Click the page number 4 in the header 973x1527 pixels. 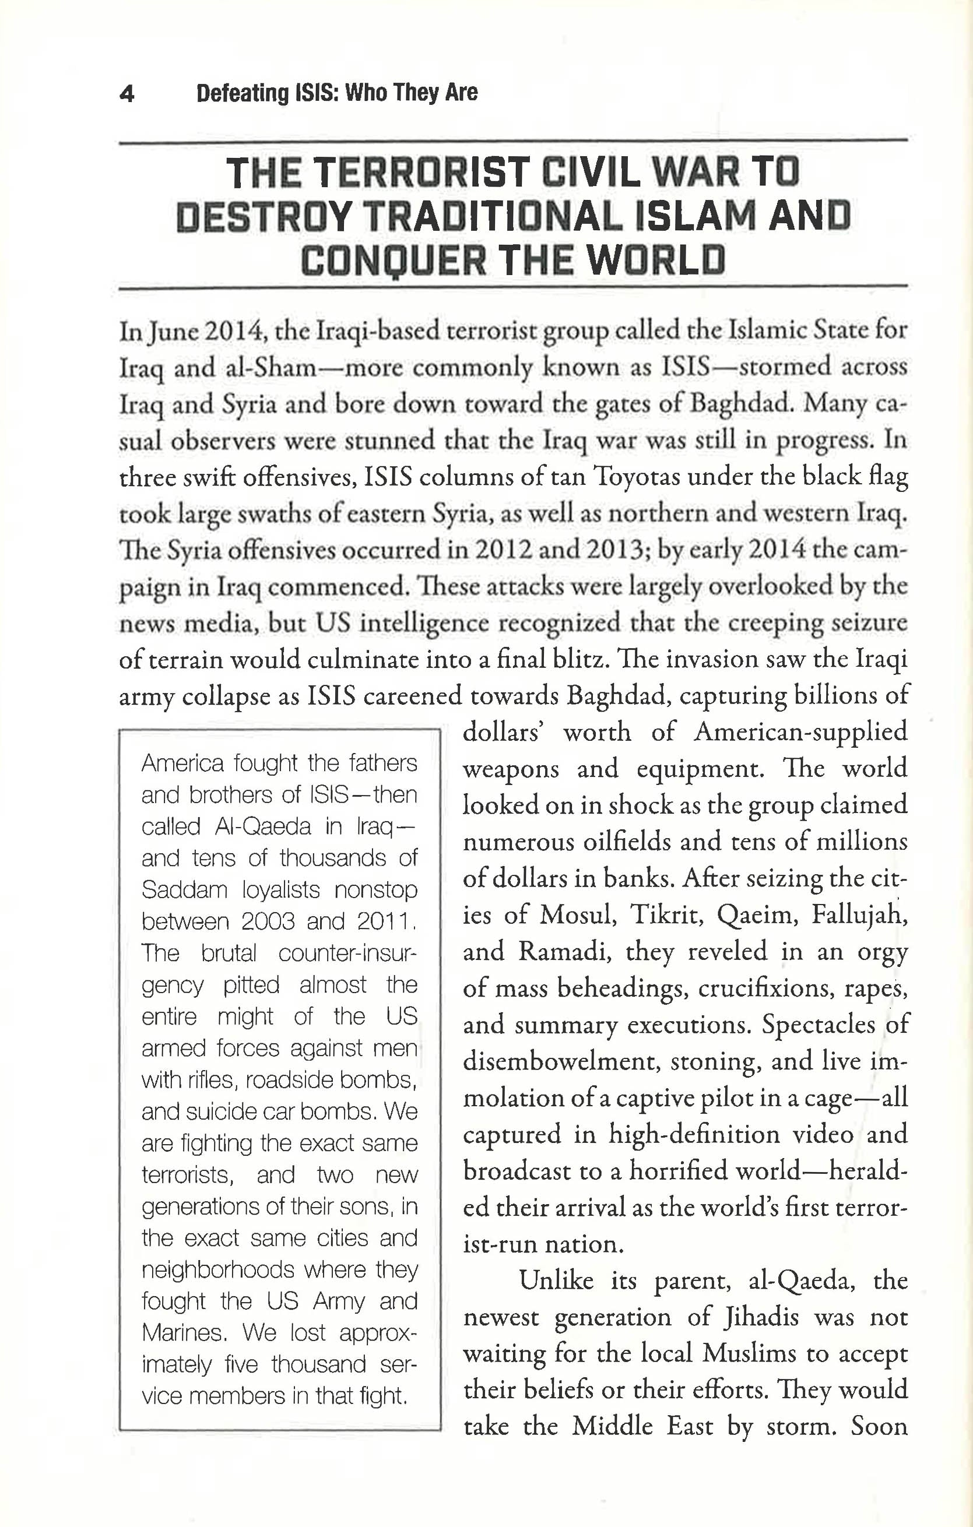pyautogui.click(x=127, y=94)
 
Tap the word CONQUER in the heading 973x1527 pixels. pyautogui.click(x=394, y=261)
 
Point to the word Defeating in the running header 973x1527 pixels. pyautogui.click(x=242, y=93)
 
